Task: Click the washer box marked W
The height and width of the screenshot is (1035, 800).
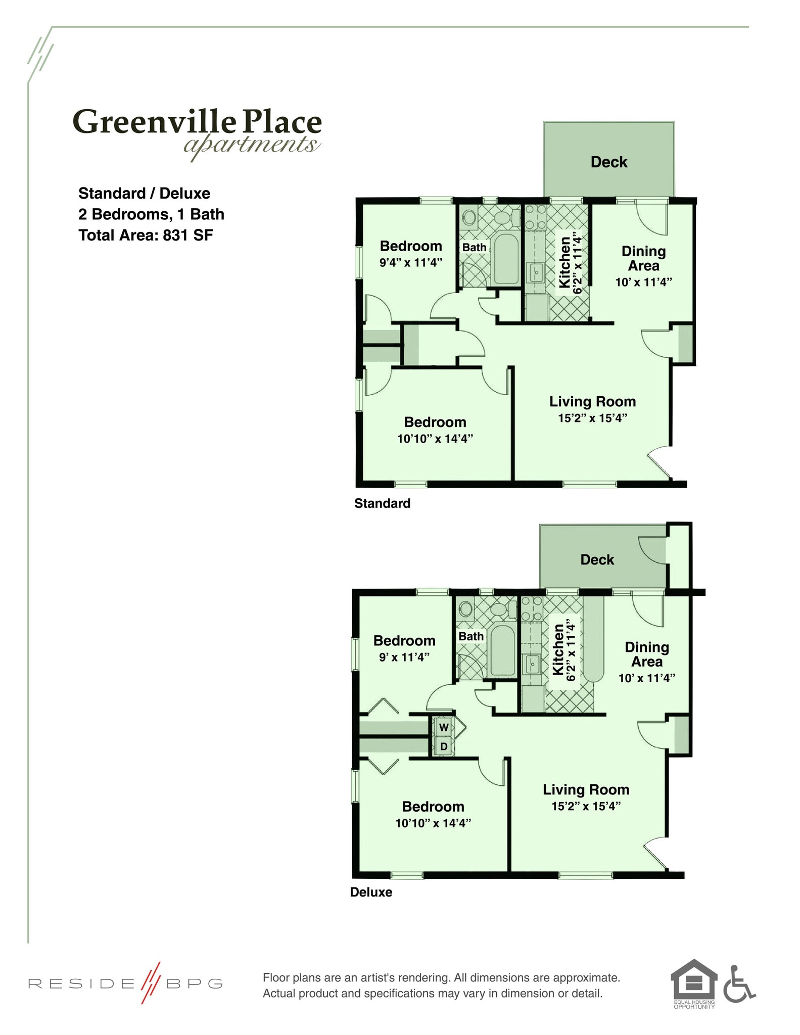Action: click(x=444, y=727)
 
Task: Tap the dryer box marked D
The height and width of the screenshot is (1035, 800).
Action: click(x=444, y=746)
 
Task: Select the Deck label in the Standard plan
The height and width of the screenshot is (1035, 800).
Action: click(x=608, y=162)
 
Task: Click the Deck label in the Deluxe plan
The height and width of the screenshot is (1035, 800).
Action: click(x=597, y=559)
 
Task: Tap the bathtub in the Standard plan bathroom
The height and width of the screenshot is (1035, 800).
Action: click(x=506, y=259)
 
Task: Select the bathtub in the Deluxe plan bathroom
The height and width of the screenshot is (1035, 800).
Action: click(x=502, y=651)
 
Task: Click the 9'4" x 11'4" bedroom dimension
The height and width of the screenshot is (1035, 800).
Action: click(x=410, y=262)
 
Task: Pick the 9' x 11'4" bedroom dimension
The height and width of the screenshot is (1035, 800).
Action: click(x=404, y=656)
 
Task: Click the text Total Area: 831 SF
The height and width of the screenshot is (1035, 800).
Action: click(x=146, y=235)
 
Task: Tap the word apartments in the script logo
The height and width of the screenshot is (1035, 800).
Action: click(x=251, y=145)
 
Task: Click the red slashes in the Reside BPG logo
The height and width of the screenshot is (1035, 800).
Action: click(x=150, y=982)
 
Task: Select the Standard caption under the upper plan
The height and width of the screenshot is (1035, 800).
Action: click(x=382, y=503)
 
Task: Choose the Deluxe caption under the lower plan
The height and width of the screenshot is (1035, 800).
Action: click(x=371, y=892)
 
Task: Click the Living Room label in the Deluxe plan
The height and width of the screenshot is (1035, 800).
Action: click(x=586, y=789)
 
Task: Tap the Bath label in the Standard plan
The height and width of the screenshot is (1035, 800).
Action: click(x=474, y=248)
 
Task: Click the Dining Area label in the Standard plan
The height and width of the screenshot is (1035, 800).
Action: click(x=643, y=258)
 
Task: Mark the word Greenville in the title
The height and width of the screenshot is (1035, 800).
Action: click(x=154, y=123)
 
